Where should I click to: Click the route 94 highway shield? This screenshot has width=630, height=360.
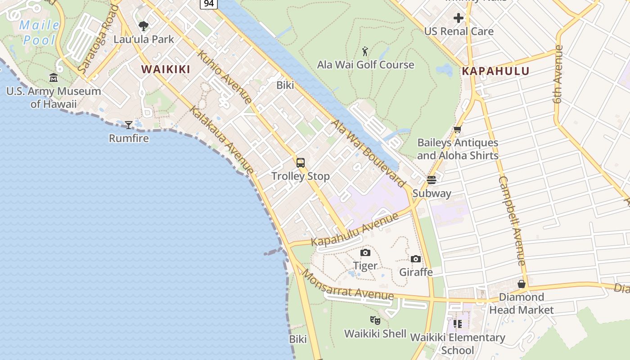(209, 3)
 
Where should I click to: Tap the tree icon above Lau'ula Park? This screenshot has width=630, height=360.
(144, 26)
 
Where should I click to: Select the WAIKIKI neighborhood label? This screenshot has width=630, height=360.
(166, 69)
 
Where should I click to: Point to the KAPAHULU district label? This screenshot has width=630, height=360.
(495, 71)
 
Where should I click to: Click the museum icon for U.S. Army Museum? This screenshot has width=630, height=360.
(54, 78)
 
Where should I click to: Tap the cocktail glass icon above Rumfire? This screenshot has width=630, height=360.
(129, 125)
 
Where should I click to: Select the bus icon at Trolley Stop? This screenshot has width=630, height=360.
(301, 163)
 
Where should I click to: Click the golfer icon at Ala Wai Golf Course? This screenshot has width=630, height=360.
(365, 51)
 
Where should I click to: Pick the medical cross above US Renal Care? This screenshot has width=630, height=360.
(459, 18)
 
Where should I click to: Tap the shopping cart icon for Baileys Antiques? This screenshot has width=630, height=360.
(457, 130)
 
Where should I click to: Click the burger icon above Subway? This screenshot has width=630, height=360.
(432, 180)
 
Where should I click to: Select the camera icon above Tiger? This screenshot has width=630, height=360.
(365, 252)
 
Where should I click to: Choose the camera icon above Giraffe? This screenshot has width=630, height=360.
(416, 259)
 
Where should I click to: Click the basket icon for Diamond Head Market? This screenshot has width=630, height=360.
(522, 284)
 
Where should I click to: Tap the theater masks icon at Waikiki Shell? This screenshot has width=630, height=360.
(375, 320)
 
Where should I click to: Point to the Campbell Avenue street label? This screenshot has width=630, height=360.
(512, 220)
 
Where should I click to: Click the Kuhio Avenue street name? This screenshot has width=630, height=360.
(224, 77)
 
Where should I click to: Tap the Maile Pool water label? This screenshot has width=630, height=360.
(39, 32)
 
